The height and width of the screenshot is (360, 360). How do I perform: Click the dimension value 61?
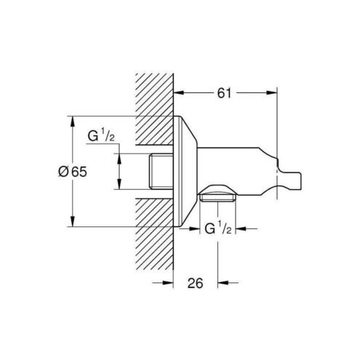coord(224,93)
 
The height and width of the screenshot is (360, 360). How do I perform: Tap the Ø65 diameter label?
coord(73,172)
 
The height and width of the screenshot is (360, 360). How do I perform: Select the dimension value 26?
coord(195,283)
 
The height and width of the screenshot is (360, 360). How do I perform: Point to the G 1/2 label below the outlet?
coord(218,228)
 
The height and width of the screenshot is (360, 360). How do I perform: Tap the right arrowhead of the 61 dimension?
coord(271,93)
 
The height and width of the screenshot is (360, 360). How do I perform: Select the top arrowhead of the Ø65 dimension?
coord(72,122)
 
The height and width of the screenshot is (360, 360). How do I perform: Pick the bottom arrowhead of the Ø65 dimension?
coord(72,221)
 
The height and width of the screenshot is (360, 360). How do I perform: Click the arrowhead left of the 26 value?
coord(168,282)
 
